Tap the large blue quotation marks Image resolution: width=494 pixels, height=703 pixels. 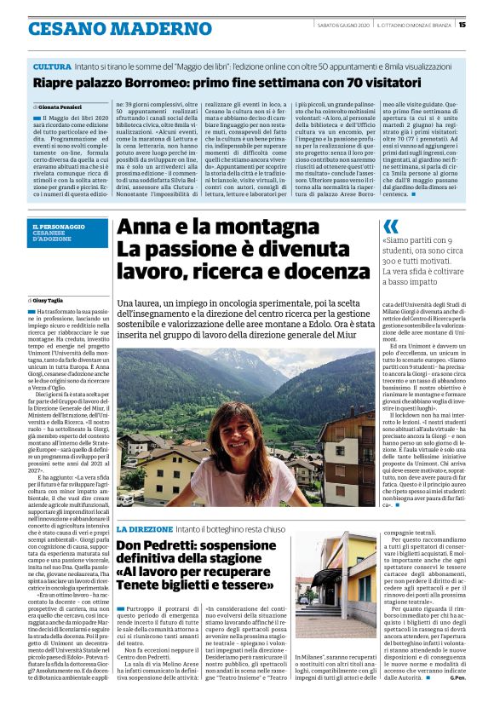pyautogui.click(x=391, y=226)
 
